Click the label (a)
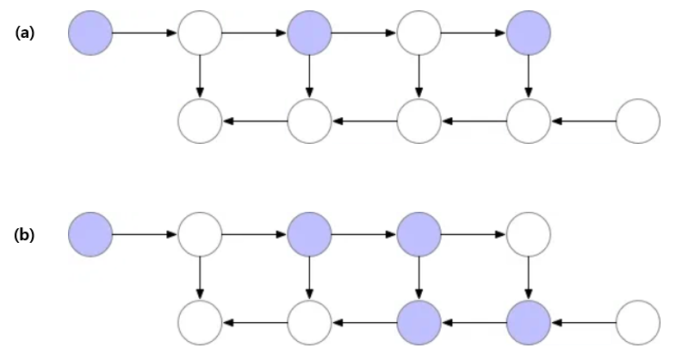tap(24, 33)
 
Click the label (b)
tap(24, 234)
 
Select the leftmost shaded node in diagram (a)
tap(90, 34)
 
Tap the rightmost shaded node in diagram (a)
tap(528, 34)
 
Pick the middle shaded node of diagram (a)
tap(309, 34)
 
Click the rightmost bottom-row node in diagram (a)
tap(638, 121)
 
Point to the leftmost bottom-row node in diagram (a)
tap(200, 121)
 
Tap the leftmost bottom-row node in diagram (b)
tap(200, 322)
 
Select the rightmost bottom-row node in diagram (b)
tap(638, 322)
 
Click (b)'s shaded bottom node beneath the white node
tap(528, 322)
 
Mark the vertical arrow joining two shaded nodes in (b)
tap(419, 278)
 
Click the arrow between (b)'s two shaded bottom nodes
tap(474, 322)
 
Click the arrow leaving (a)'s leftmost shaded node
tap(145, 34)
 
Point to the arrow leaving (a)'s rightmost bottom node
tap(583, 121)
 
